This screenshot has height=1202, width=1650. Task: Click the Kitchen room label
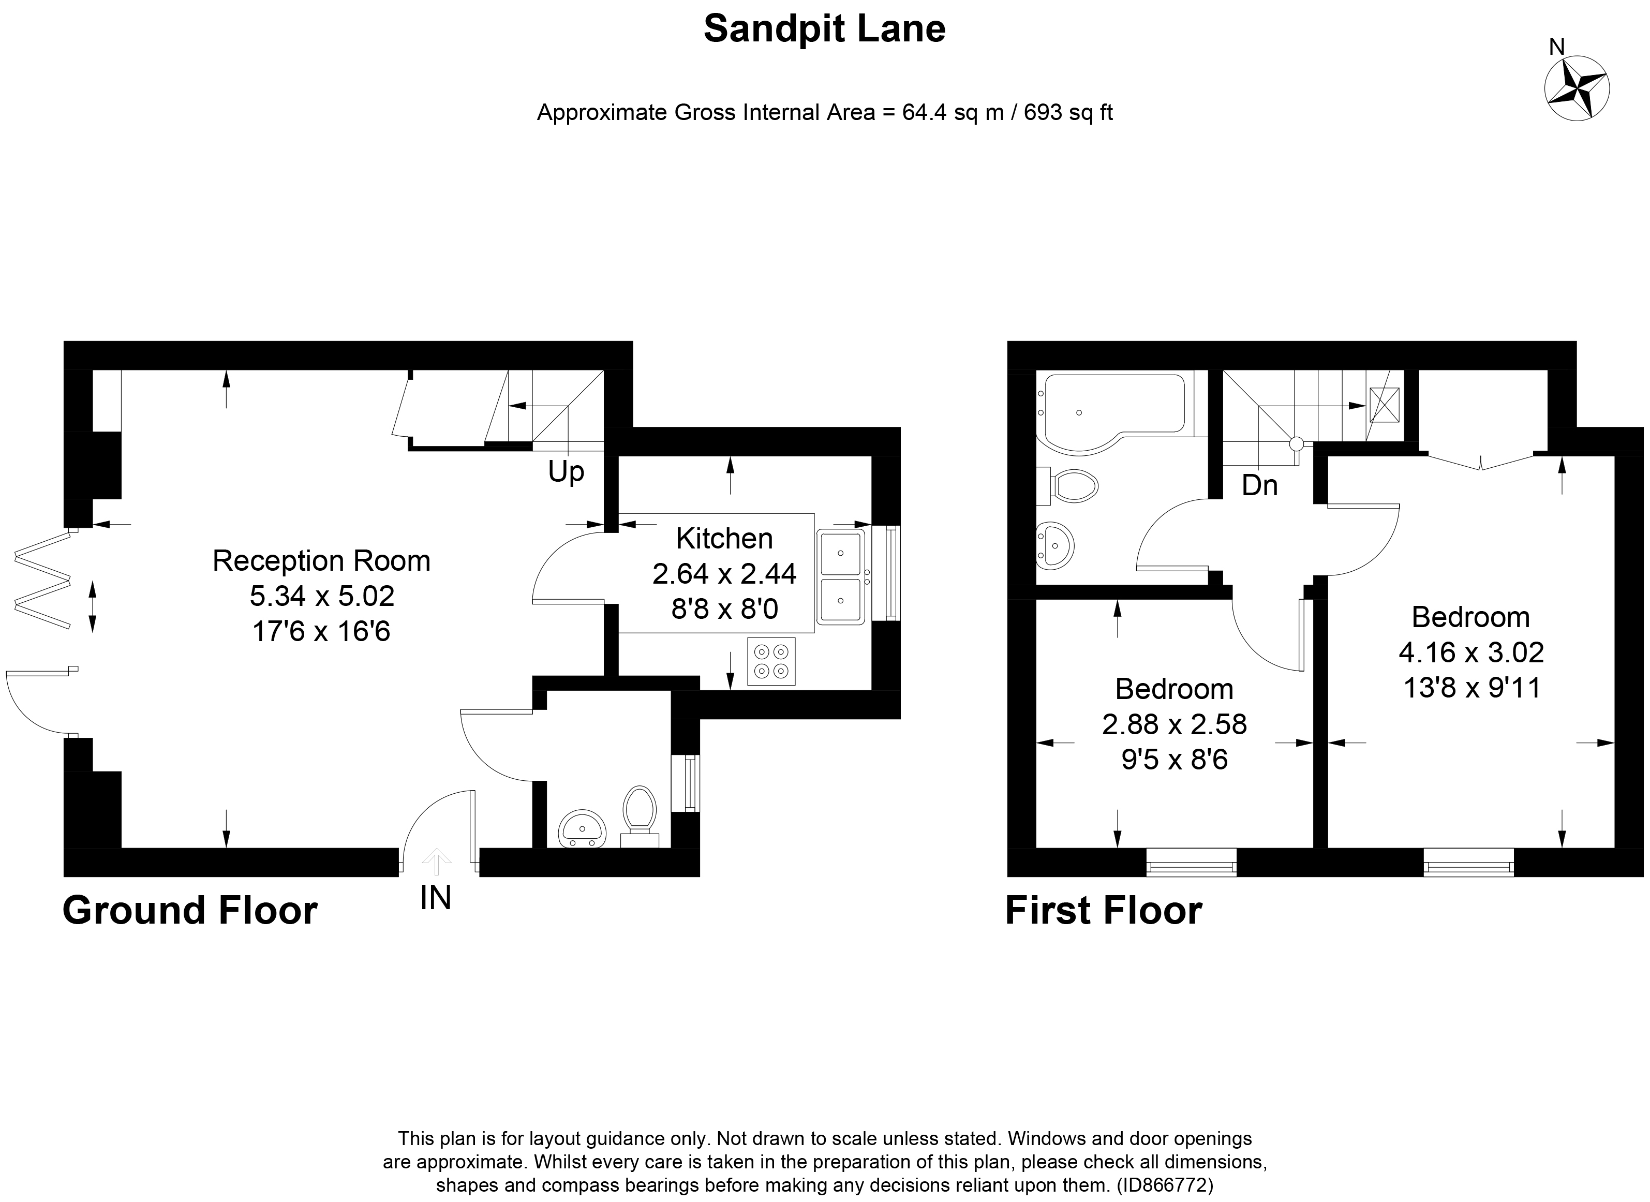click(x=724, y=539)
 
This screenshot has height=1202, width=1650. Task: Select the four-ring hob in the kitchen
click(x=771, y=661)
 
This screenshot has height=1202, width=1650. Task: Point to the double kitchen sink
click(x=840, y=577)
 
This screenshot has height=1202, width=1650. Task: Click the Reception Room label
click(x=321, y=561)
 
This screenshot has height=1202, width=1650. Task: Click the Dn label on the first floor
click(x=1259, y=485)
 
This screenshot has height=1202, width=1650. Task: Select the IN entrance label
click(x=436, y=898)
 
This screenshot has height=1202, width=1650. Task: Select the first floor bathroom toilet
click(x=1072, y=485)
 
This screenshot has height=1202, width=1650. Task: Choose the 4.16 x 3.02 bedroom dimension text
click(x=1471, y=652)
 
